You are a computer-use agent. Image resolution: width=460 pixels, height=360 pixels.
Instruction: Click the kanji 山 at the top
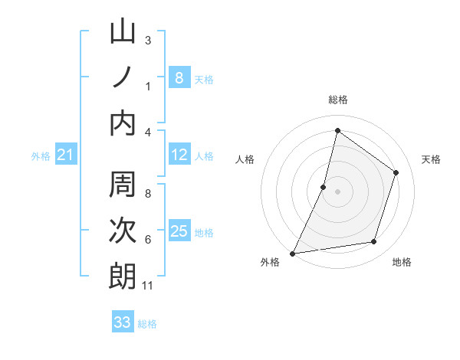coord(123,32)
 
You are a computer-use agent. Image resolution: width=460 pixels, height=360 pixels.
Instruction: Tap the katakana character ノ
coord(123,77)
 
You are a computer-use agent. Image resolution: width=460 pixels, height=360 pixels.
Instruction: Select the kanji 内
coord(123,123)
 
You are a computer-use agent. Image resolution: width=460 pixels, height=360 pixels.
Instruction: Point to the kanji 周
coord(123,185)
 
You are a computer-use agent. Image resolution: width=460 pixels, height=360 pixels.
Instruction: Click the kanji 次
coord(123,231)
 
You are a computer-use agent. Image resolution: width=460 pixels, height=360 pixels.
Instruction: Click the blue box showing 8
coord(179,77)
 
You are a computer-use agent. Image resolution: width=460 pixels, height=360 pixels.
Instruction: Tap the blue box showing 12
coord(179,155)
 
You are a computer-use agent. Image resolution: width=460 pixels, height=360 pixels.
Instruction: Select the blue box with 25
coord(179,232)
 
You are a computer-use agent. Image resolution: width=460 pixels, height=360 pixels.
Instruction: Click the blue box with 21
coord(65,155)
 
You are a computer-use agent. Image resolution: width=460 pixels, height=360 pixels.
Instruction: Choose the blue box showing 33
coord(123,322)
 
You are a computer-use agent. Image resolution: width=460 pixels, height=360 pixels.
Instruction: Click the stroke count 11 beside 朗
coord(148,286)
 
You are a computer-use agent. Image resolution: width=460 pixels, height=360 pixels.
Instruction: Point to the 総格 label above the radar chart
coord(337,100)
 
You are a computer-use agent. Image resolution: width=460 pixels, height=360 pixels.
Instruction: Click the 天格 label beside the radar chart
coord(432,159)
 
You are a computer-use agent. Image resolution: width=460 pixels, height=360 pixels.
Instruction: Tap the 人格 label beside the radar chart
coord(245,159)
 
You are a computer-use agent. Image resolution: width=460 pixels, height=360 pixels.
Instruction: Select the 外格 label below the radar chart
coord(269,263)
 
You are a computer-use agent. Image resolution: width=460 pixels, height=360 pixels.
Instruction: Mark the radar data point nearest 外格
coord(292,254)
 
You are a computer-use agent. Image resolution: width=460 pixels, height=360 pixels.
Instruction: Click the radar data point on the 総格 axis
coord(337,130)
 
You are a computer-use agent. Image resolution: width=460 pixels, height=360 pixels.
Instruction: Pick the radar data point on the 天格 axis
coord(396,172)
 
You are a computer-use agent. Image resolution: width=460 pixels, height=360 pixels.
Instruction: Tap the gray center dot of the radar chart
coord(337,191)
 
